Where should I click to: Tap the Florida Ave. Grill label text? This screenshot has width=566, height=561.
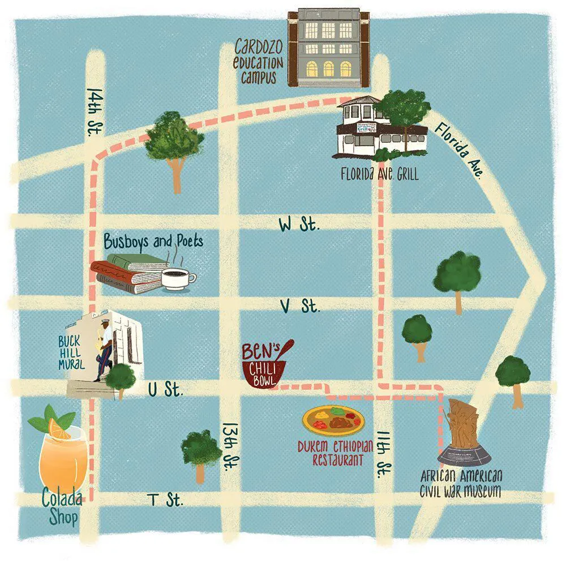coord(379,174)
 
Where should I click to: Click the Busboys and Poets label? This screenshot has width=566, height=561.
coord(153,242)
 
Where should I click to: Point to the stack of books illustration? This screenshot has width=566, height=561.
coord(129,273)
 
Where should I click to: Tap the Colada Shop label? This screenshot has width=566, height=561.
coord(61,507)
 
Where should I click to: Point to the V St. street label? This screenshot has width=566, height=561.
coord(301,307)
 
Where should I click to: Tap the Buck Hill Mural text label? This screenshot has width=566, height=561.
coord(71,352)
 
